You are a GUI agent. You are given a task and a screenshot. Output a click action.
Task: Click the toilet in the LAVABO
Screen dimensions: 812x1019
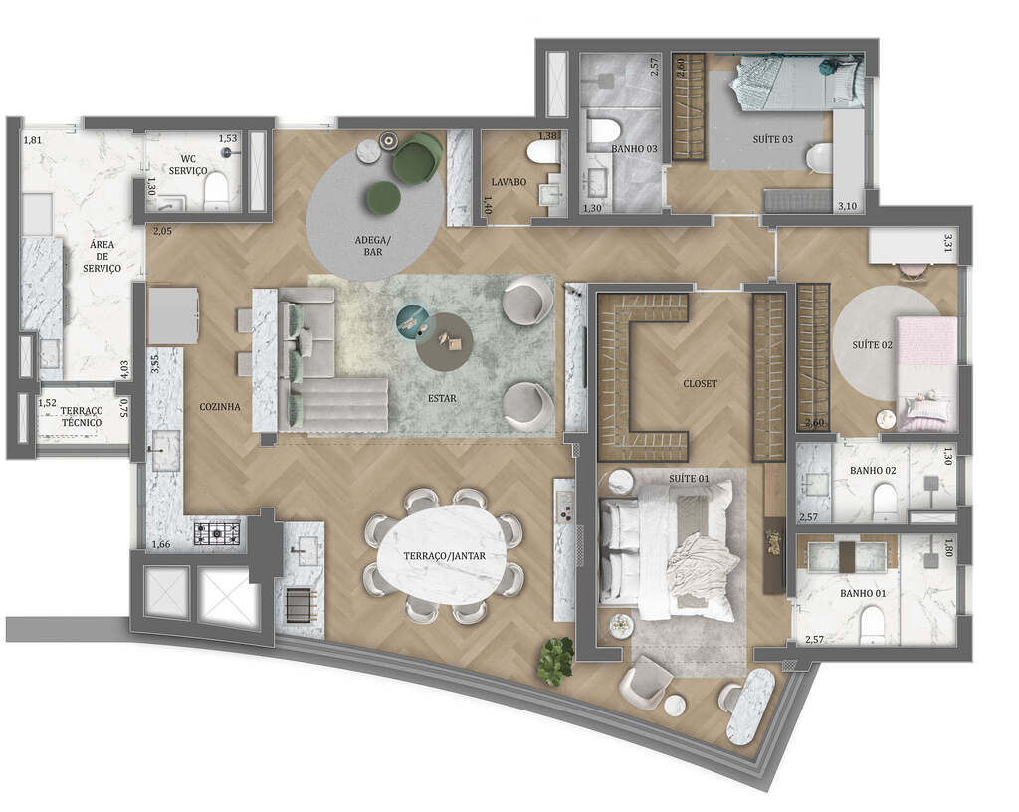click(x=543, y=152)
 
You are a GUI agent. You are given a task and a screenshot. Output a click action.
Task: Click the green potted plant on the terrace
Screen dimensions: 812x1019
click(x=555, y=660)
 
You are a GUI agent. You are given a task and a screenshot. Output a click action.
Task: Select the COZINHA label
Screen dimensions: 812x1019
click(x=218, y=406)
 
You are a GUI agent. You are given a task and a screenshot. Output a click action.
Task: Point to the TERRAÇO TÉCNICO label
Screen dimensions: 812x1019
click(x=81, y=416)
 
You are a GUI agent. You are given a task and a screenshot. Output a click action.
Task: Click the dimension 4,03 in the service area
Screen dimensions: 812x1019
click(x=123, y=368)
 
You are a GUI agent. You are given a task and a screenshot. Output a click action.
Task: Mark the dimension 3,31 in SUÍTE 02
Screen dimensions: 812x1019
click(x=949, y=242)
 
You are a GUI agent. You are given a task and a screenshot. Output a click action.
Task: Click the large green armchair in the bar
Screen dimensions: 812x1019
click(x=416, y=158)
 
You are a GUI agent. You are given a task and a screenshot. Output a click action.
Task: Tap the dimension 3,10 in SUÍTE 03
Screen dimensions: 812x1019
click(x=847, y=206)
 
